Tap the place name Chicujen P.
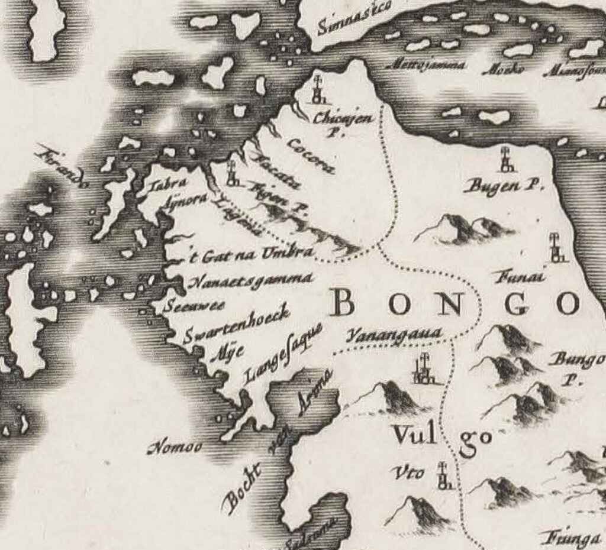point(344,122)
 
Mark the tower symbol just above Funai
point(556,248)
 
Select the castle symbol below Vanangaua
point(423,370)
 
